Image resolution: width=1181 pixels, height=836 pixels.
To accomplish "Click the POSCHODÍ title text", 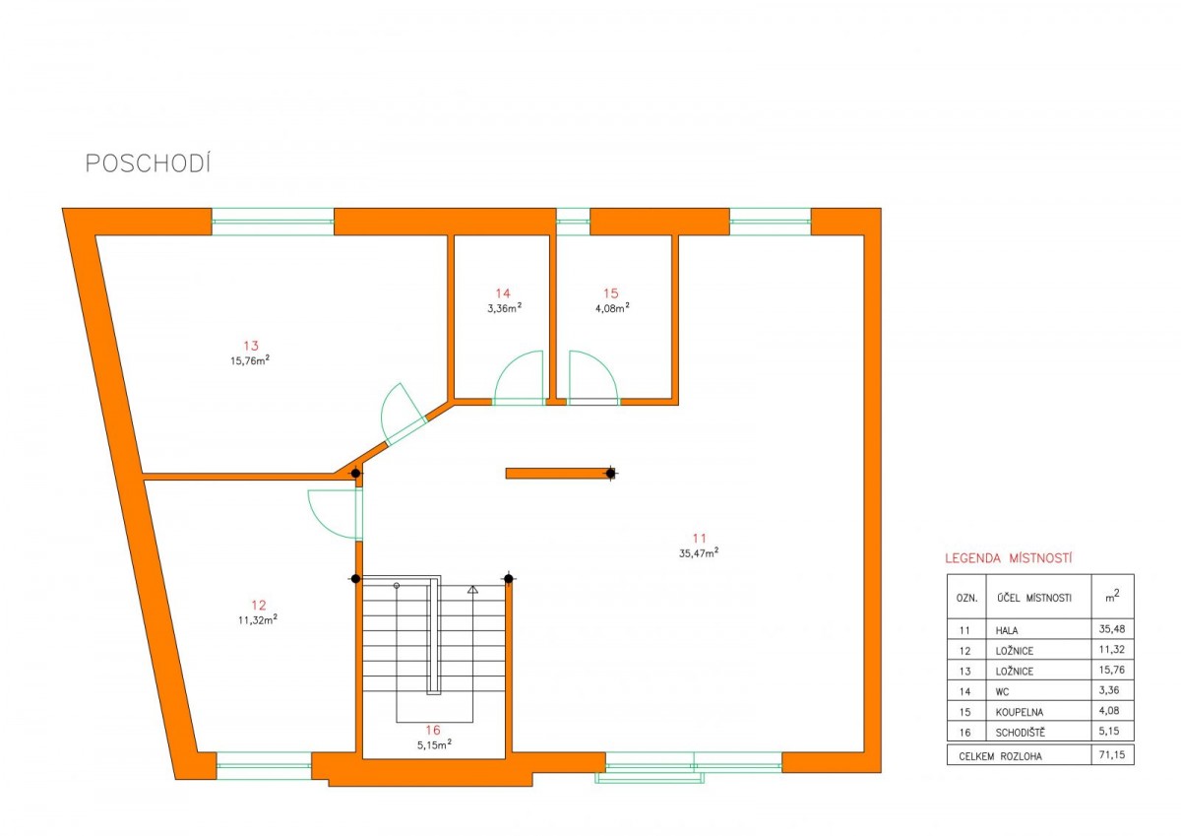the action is (149, 163).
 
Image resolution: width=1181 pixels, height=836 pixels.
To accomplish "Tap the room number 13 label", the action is (251, 346).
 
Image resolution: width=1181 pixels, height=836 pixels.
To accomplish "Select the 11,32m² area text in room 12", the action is (257, 619).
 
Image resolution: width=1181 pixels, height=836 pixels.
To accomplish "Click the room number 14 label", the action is (503, 293).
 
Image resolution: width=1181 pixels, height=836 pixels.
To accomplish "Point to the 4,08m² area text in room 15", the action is (612, 308).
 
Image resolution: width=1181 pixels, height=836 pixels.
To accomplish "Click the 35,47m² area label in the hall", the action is (699, 552).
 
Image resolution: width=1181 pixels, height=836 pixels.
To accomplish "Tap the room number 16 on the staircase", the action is (433, 730).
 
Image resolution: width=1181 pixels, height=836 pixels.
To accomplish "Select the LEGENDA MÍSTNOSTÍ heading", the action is (1008, 558).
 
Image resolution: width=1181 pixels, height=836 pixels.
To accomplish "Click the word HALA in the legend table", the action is (1007, 630).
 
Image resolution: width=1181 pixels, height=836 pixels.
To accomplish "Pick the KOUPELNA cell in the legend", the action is (1020, 712).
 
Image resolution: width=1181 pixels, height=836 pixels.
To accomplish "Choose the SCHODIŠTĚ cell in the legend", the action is (1020, 732).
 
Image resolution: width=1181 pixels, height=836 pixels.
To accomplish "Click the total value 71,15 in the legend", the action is (1111, 755).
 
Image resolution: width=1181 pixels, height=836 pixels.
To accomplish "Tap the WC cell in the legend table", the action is (1002, 692).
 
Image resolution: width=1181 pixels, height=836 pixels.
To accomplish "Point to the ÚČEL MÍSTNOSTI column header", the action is (1034, 598).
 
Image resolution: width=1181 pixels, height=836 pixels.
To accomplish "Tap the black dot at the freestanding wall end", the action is (610, 473).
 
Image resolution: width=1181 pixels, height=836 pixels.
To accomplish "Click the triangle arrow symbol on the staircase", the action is (472, 590).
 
